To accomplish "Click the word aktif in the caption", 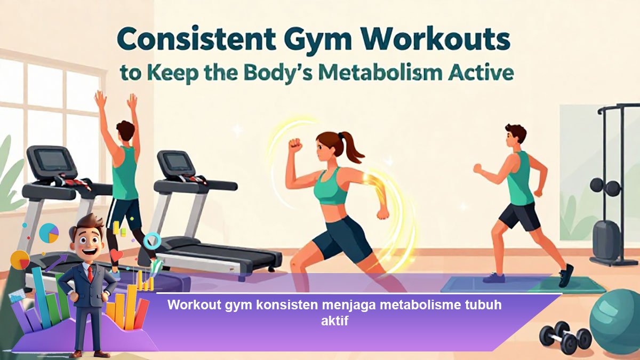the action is (x=334, y=321).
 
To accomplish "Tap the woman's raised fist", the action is (x=295, y=145).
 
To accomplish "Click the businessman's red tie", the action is (x=90, y=274).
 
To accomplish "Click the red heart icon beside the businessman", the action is (x=116, y=254).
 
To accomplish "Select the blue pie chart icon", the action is (x=49, y=233).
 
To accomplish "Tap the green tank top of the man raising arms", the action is (x=125, y=174).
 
